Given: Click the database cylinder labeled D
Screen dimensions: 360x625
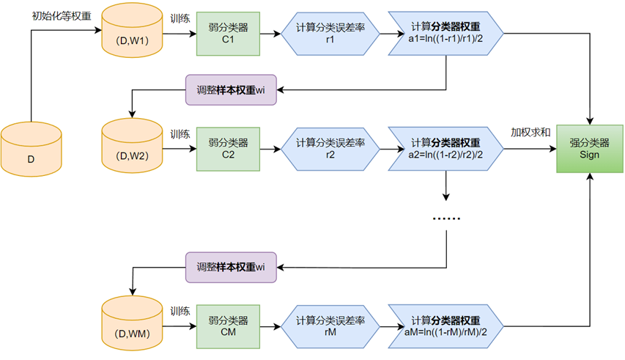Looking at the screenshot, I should coord(31,150).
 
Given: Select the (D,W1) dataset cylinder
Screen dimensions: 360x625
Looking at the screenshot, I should coord(132,33).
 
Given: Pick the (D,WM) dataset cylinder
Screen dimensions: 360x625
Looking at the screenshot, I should coord(132,326).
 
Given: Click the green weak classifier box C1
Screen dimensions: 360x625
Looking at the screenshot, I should coord(228,34).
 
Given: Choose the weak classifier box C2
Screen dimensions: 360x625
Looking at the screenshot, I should coord(228,149).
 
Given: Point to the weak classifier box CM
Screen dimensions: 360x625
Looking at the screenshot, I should coord(228,327).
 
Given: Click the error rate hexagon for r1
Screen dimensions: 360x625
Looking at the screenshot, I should coord(330,34).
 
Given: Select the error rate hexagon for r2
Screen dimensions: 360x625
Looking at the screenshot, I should coord(330,149).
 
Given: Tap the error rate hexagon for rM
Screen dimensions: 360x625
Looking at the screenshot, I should coord(330,327).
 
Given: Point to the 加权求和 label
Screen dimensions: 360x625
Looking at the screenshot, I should coord(530,133).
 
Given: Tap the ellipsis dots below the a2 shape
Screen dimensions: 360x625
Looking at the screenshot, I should coord(447,218).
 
